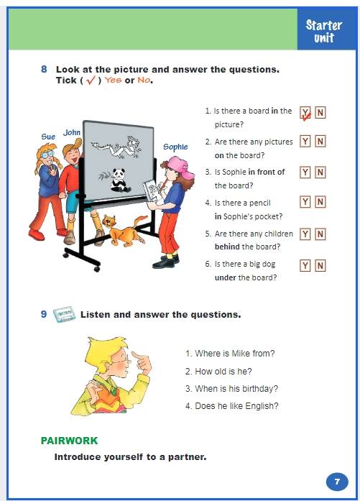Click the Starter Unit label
pyautogui.click(x=323, y=31)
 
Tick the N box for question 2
pyautogui.click(x=320, y=141)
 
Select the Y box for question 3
pyautogui.click(x=305, y=173)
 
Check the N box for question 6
pyautogui.click(x=320, y=265)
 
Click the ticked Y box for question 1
pyautogui.click(x=305, y=113)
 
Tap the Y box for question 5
pyautogui.click(x=305, y=234)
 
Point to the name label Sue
pyautogui.click(x=48, y=137)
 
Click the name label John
pyautogui.click(x=72, y=132)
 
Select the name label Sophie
pyautogui.click(x=175, y=147)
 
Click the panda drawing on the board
pyautogui.click(x=120, y=180)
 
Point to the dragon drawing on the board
pyautogui.click(x=117, y=147)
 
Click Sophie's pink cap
pyautogui.click(x=181, y=167)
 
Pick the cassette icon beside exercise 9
pyautogui.click(x=64, y=314)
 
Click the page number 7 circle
pyautogui.click(x=337, y=482)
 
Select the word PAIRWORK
pyautogui.click(x=69, y=441)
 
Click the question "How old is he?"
pyautogui.click(x=218, y=372)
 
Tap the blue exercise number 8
pyautogui.click(x=44, y=69)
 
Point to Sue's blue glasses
pyautogui.click(x=47, y=155)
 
